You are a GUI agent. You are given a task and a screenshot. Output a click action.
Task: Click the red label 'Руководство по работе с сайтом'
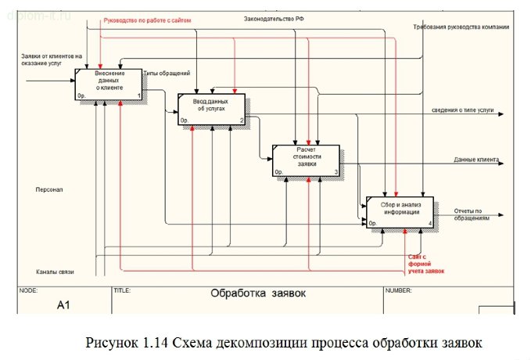[147, 20]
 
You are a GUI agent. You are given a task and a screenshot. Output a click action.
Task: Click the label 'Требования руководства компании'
[461, 27]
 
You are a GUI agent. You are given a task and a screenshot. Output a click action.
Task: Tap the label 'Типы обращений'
[167, 74]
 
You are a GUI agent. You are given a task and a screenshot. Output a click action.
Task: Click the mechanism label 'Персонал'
[49, 189]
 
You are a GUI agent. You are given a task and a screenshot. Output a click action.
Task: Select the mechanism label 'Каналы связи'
[55, 272]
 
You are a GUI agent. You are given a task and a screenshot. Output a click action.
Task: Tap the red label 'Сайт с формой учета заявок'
[425, 264]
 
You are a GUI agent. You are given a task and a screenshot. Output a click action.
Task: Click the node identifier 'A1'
[63, 304]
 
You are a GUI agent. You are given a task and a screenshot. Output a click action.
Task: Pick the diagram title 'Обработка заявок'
[257, 294]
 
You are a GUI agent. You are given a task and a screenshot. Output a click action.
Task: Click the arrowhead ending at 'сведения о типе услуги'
[500, 114]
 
